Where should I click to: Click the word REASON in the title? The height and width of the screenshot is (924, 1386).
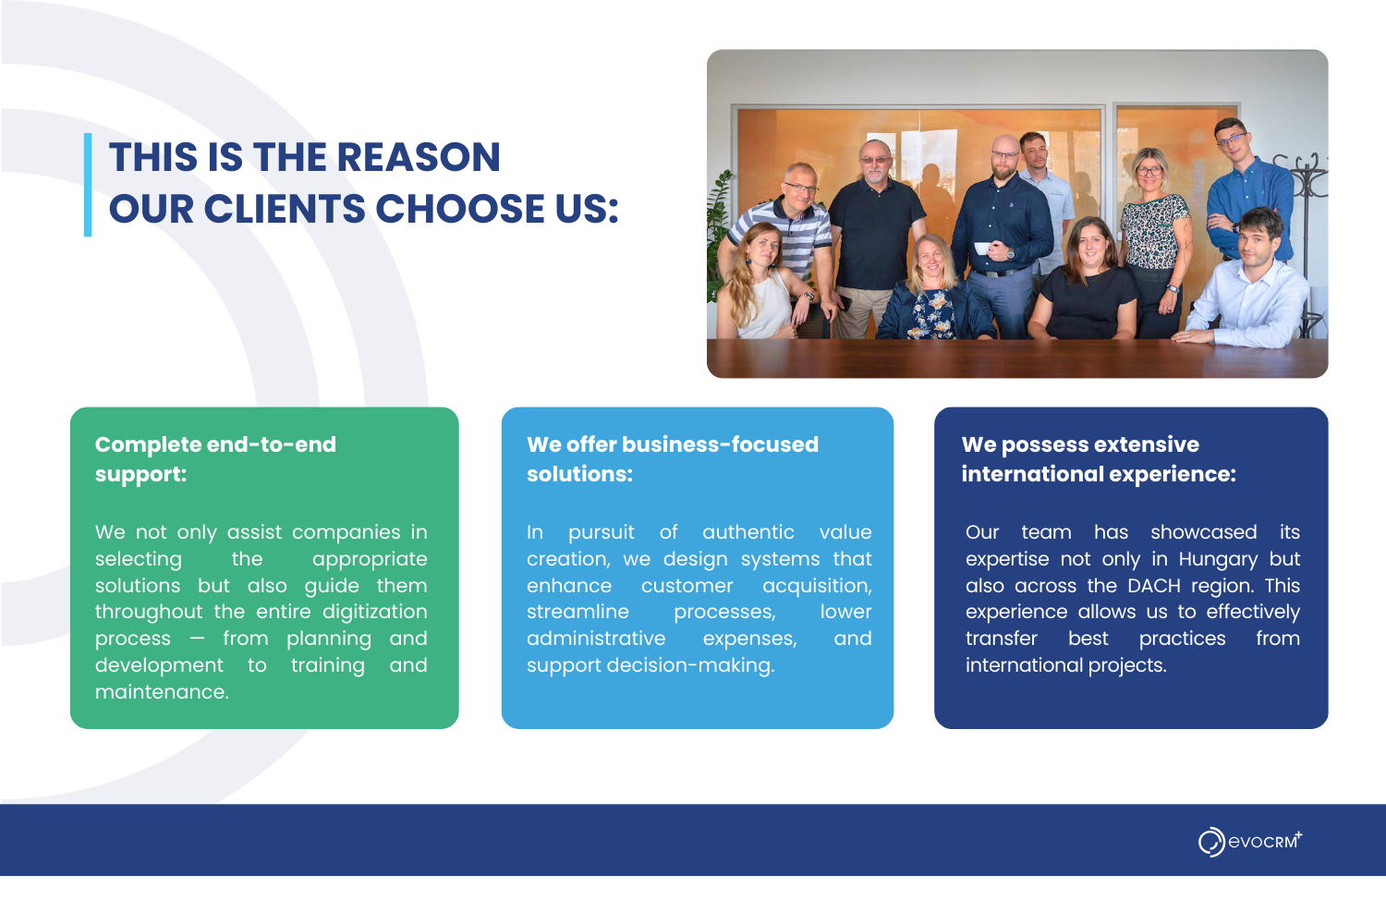click(419, 157)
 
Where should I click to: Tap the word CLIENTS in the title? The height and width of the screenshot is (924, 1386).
click(285, 209)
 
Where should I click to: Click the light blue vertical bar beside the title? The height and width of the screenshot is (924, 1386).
click(88, 185)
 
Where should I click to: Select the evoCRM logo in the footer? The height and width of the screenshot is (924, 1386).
click(1250, 842)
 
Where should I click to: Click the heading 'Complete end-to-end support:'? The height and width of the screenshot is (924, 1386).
click(215, 459)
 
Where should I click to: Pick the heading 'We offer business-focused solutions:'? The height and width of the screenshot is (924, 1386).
click(673, 459)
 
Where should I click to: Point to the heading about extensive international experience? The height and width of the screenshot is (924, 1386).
click(1099, 459)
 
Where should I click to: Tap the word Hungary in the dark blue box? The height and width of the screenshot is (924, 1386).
click(1218, 559)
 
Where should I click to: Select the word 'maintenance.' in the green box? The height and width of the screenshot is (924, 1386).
click(162, 692)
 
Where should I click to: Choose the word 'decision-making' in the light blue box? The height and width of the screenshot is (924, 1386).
click(690, 665)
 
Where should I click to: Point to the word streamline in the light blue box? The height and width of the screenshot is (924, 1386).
click(577, 612)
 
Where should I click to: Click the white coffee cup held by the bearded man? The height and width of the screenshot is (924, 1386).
click(982, 249)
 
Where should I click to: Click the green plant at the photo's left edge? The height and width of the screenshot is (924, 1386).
click(718, 236)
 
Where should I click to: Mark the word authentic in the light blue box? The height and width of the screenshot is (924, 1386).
click(748, 532)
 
